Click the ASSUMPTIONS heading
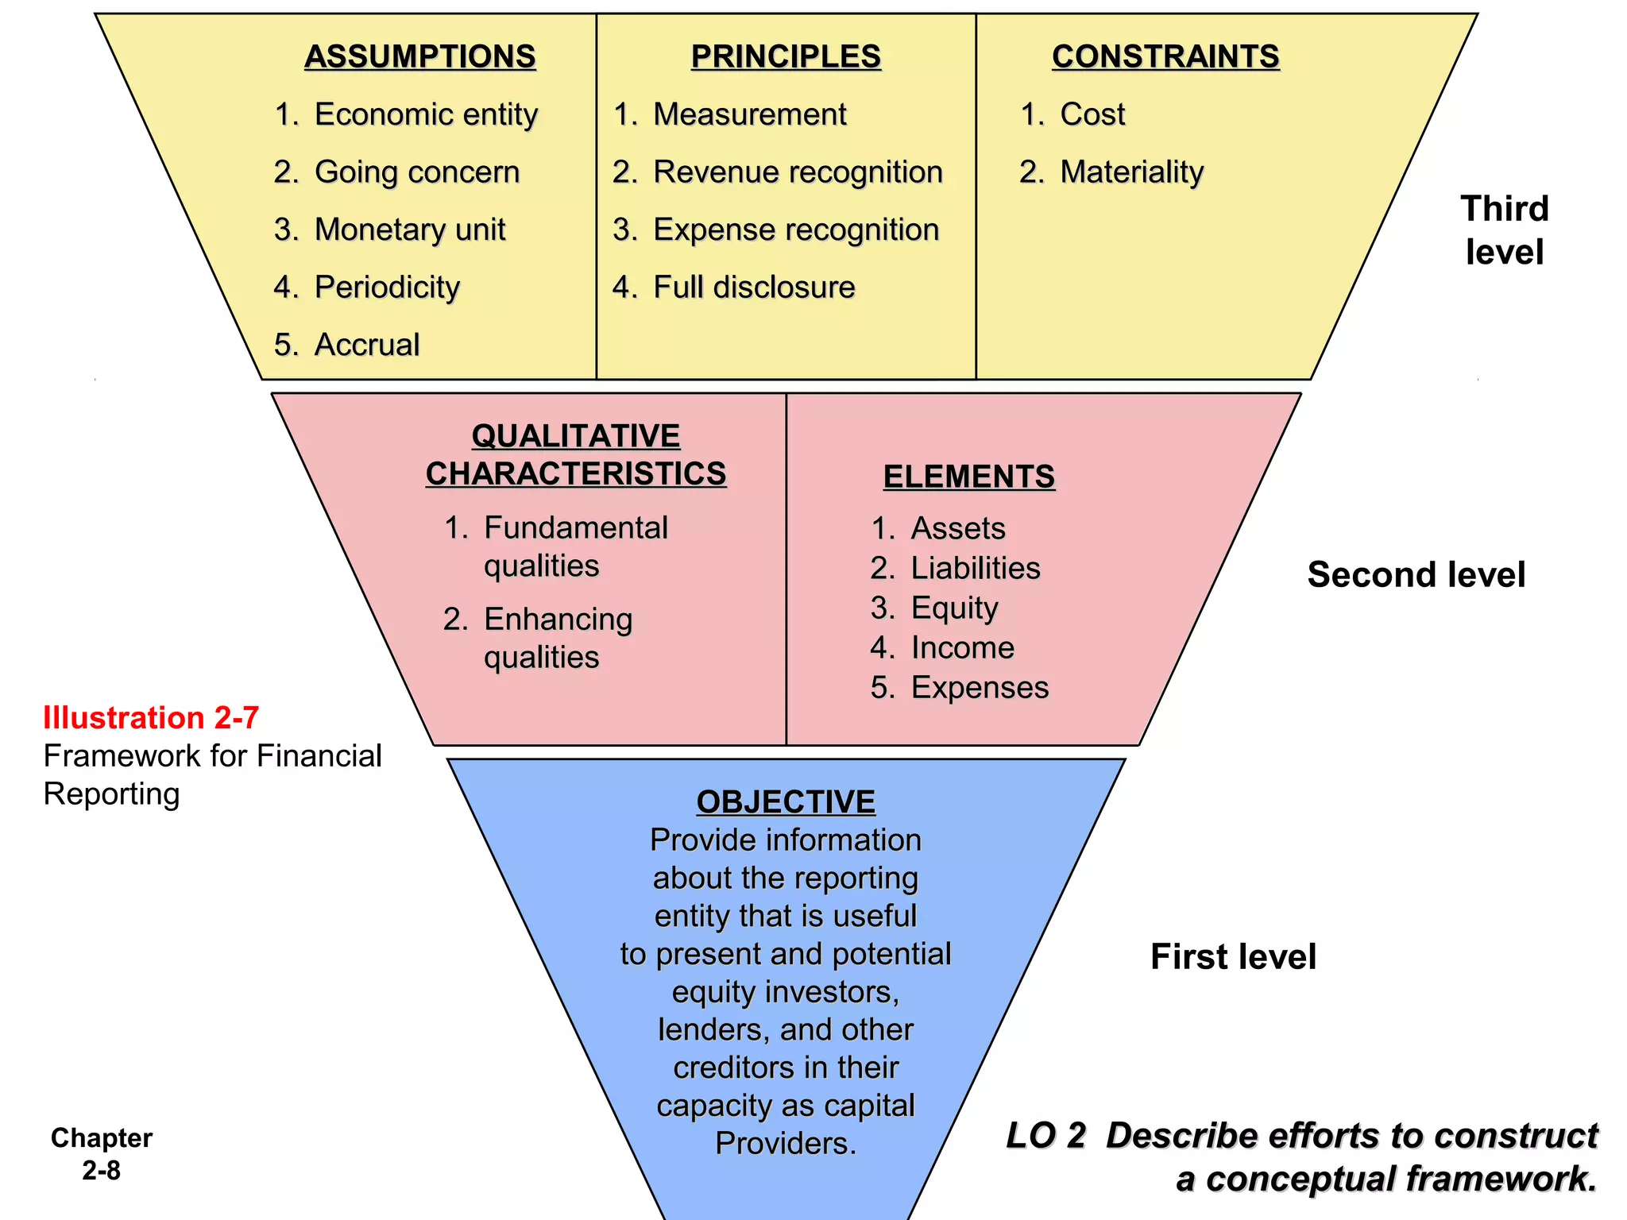(419, 56)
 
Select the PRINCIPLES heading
(786, 56)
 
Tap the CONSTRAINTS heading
(1165, 56)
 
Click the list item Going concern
(416, 172)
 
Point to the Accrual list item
(366, 345)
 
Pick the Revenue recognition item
(797, 172)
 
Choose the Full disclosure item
(753, 288)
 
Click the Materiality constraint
(1131, 172)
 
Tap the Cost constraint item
(1092, 114)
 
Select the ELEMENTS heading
(968, 477)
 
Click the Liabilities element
(975, 568)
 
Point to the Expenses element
(979, 687)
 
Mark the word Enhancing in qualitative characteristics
(558, 620)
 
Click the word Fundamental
(575, 528)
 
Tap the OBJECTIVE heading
(786, 801)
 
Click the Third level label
(1504, 230)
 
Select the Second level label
(1416, 574)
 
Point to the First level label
(1233, 956)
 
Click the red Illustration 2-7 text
(151, 717)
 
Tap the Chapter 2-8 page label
(102, 1153)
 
